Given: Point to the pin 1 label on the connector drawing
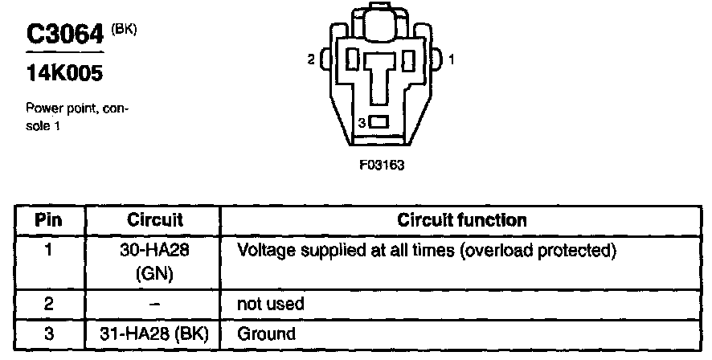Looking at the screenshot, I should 452,59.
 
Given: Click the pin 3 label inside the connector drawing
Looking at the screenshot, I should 362,122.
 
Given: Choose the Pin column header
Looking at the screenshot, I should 49,219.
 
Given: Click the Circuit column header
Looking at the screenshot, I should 155,219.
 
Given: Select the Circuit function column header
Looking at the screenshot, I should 462,219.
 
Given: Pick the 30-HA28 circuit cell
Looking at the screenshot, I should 156,251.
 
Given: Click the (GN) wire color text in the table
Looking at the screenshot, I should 156,273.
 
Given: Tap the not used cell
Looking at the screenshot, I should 269,305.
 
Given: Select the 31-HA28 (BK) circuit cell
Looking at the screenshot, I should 156,333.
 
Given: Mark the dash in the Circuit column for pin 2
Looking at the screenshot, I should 156,304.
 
